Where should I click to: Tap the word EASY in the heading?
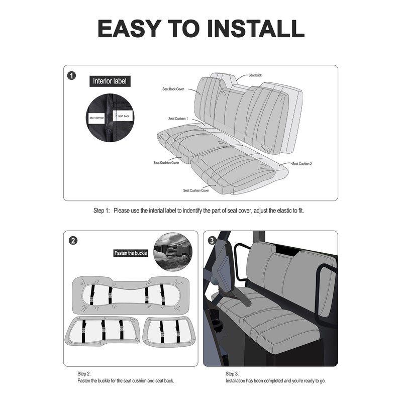coord(130,29)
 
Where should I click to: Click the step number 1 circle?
coord(71,76)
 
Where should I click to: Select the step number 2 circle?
coord(73,241)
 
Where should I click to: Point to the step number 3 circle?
coord(212,241)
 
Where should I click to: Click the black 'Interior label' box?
coord(110,81)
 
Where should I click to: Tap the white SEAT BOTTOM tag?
coord(96,118)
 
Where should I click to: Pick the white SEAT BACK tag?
coord(123,116)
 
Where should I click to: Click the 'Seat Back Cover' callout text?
coord(173,89)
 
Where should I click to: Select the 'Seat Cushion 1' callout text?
coord(178,119)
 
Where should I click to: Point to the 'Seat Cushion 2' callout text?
coord(302,164)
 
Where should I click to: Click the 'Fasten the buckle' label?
coord(131,253)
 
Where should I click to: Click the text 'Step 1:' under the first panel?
coord(102,211)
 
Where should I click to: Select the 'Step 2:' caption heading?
coord(84,374)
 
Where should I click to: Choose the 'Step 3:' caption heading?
coord(232,374)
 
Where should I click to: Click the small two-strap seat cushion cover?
coord(169,332)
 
